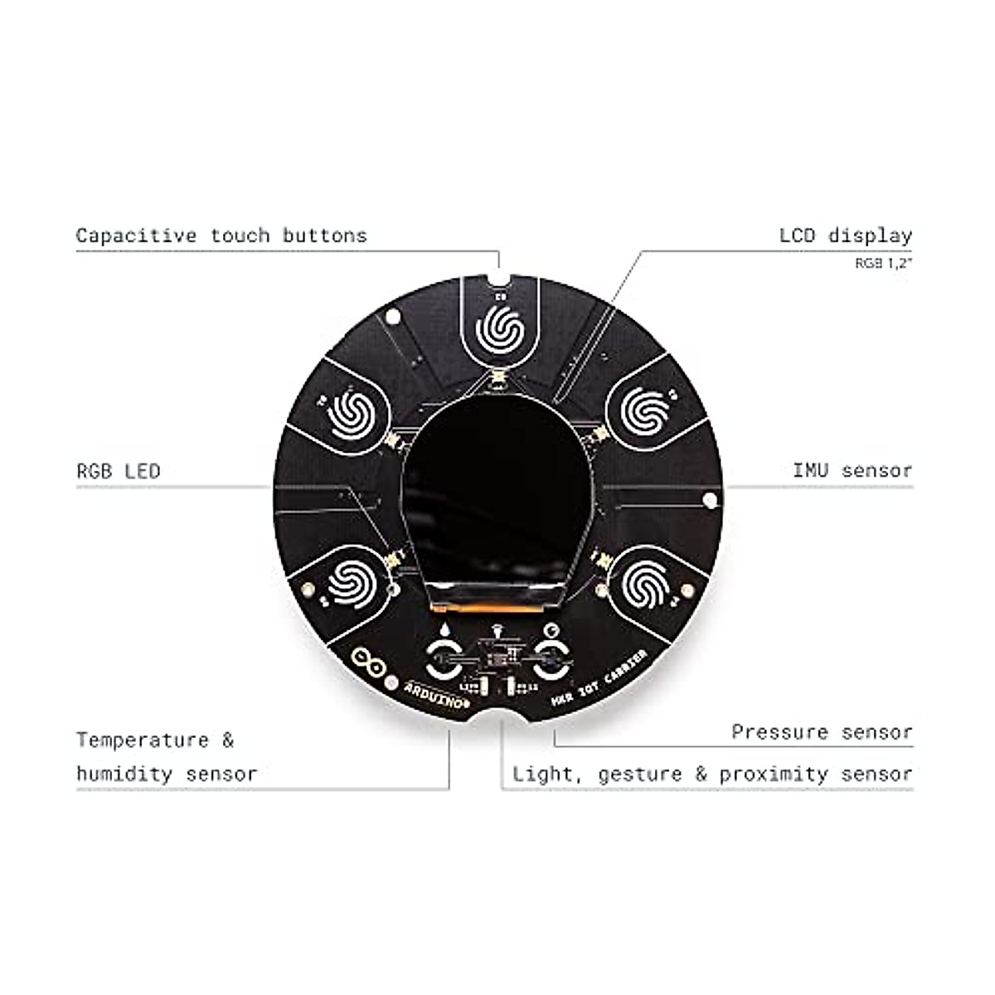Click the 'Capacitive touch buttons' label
pos(221,235)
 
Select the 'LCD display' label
pos(845,235)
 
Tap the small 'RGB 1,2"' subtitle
pos(884,264)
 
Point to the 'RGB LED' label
pos(118,472)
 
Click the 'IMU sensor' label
pos(852,471)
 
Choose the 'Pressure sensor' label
pos(822,732)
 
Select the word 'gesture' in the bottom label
pos(641,775)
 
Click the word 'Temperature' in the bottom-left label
pos(143,740)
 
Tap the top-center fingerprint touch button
pos(499,329)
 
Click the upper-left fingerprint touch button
pos(353,412)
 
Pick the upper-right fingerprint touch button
pos(645,412)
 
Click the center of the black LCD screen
pos(498,505)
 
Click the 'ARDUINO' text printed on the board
pos(437,690)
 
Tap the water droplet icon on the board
pos(446,632)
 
